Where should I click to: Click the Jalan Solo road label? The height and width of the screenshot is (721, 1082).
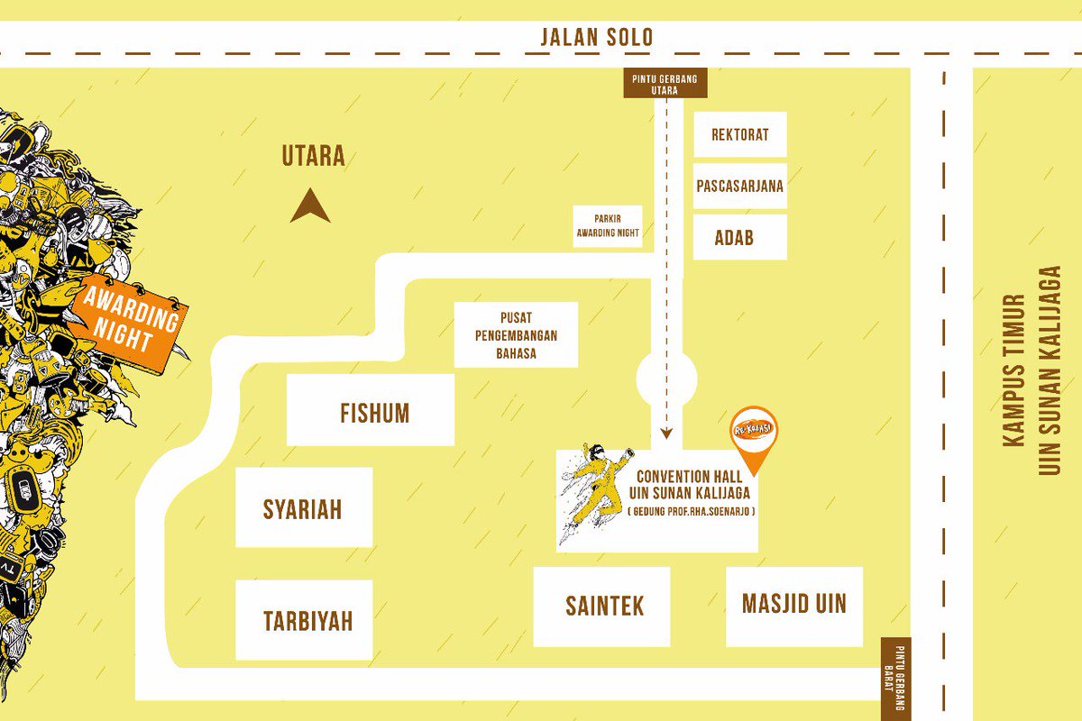[x=596, y=38]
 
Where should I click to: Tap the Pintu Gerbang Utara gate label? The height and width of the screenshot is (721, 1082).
[x=666, y=85]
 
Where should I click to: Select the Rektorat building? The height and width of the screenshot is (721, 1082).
[x=739, y=134]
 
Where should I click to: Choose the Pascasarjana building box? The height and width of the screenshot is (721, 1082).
[x=739, y=187]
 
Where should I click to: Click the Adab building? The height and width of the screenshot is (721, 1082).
[x=739, y=238]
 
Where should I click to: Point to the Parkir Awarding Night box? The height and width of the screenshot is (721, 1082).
[x=608, y=226]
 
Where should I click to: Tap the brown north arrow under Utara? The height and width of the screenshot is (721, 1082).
[x=309, y=206]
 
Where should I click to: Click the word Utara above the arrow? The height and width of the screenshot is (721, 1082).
[x=313, y=156]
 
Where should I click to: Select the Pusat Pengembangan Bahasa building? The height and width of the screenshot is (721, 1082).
[x=516, y=334]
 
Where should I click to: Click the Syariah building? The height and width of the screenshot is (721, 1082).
[x=304, y=507]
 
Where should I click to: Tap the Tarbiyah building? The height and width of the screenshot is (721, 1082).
[x=304, y=620]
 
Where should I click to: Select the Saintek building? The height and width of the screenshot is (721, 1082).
[x=601, y=606]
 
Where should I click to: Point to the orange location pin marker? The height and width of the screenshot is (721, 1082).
[x=754, y=434]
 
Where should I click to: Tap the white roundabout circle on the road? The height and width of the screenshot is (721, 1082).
[x=666, y=379]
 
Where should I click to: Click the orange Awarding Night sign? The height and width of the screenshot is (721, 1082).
[x=131, y=320]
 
